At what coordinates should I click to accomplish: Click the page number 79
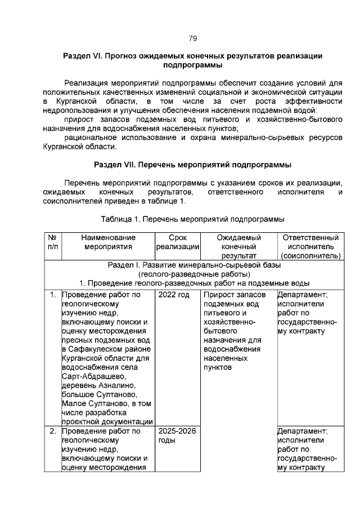tap(192, 38)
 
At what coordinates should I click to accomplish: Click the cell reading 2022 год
tap(174, 294)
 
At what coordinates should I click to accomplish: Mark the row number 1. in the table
tap(52, 294)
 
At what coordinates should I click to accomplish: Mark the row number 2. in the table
tap(52, 431)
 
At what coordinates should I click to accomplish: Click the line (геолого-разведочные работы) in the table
tap(192, 274)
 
